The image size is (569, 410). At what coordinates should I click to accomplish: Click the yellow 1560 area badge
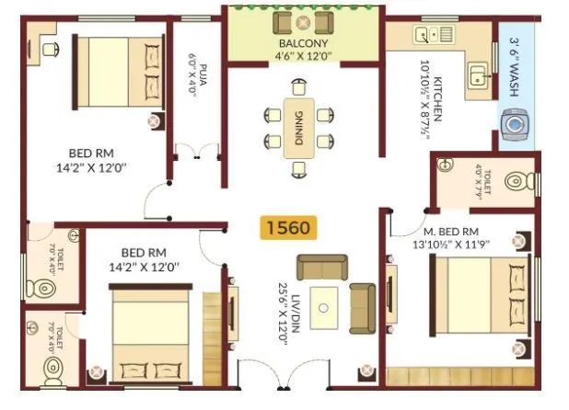pyautogui.click(x=288, y=227)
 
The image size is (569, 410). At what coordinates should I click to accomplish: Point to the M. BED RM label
pyautogui.click(x=450, y=231)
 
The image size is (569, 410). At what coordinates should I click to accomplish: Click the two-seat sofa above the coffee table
pyautogui.click(x=322, y=267)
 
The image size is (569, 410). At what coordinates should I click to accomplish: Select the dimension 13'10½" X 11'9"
pyautogui.click(x=452, y=244)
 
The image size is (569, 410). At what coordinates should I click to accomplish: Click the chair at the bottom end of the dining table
pyautogui.click(x=298, y=168)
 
